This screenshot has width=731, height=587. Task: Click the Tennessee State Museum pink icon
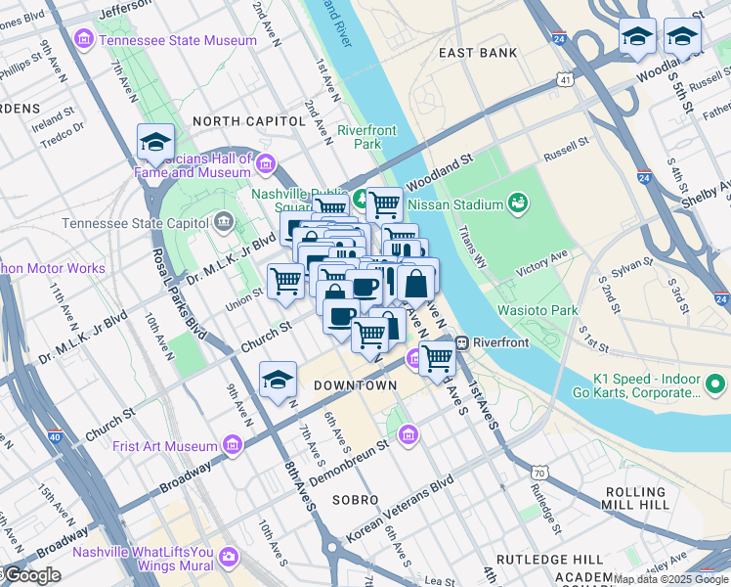tap(84, 40)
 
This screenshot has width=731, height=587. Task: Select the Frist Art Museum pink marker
tap(233, 446)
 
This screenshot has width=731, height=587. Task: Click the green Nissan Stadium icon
tap(517, 204)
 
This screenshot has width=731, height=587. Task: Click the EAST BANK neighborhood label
tap(477, 53)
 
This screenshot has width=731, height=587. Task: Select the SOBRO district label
tap(354, 500)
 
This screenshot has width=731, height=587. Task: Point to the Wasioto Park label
tap(536, 310)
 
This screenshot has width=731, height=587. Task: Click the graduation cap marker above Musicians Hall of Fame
tap(155, 143)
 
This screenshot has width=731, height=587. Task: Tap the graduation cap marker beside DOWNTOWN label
tap(278, 381)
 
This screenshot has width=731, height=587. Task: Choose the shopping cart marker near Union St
tap(285, 281)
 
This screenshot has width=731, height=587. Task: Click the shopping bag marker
tap(416, 284)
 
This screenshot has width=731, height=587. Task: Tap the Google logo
tap(32, 575)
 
